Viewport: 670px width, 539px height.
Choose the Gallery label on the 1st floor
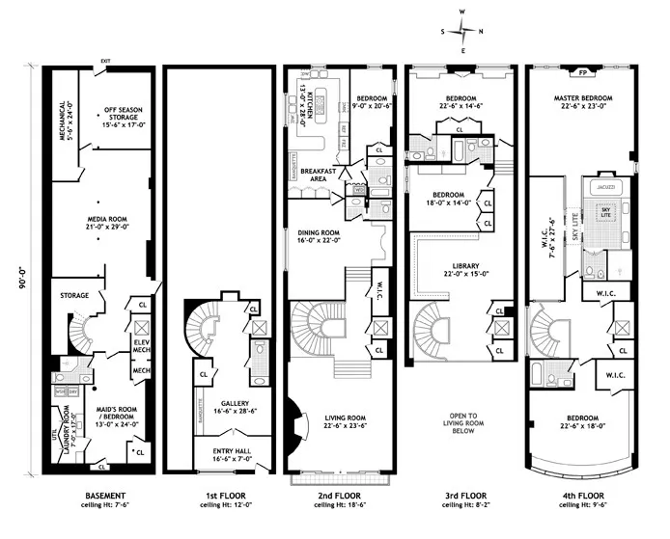(x=223, y=408)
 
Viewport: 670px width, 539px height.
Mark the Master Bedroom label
(x=579, y=102)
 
